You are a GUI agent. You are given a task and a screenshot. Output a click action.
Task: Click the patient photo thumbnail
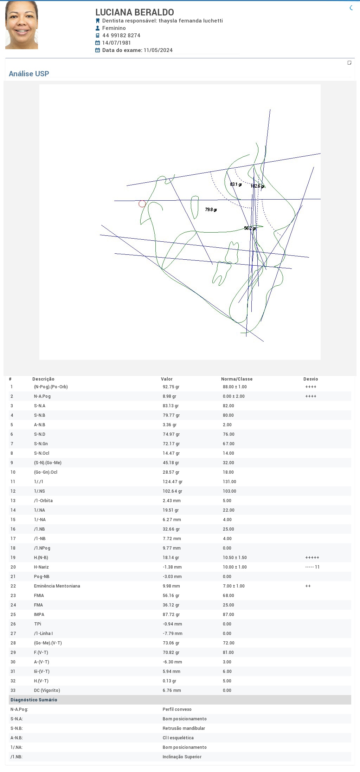click(x=21, y=25)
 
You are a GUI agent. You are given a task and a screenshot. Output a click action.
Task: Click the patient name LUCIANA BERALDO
click(x=135, y=12)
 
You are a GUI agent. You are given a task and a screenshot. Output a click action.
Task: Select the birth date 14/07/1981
click(x=116, y=43)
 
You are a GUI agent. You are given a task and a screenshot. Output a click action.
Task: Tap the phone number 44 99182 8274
click(x=121, y=35)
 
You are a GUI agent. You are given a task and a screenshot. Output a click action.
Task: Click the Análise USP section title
click(x=29, y=74)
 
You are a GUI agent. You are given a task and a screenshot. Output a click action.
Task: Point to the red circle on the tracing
click(x=142, y=204)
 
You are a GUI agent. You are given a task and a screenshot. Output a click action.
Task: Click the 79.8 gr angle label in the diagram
click(x=211, y=210)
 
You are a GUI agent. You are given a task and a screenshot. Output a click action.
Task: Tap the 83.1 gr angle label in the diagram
click(x=236, y=184)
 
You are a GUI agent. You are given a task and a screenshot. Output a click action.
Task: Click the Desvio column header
click(x=311, y=379)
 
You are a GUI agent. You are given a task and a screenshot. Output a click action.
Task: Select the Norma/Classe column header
click(x=237, y=379)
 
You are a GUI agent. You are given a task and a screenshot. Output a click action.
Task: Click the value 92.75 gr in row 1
click(x=171, y=387)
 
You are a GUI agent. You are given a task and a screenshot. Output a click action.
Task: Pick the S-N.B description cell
click(x=40, y=415)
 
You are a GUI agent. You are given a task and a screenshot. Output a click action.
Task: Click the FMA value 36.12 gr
click(x=171, y=605)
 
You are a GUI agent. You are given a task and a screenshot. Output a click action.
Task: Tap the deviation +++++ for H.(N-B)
click(x=313, y=558)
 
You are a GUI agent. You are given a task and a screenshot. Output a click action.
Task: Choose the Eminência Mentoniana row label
click(x=57, y=586)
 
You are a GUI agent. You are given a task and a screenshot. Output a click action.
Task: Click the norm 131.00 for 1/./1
click(x=230, y=482)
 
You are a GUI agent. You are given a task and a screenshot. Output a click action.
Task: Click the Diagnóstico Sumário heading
click(x=34, y=700)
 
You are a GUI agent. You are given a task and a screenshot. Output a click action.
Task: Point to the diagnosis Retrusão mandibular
click(x=184, y=728)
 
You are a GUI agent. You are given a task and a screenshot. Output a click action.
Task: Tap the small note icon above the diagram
click(x=349, y=63)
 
